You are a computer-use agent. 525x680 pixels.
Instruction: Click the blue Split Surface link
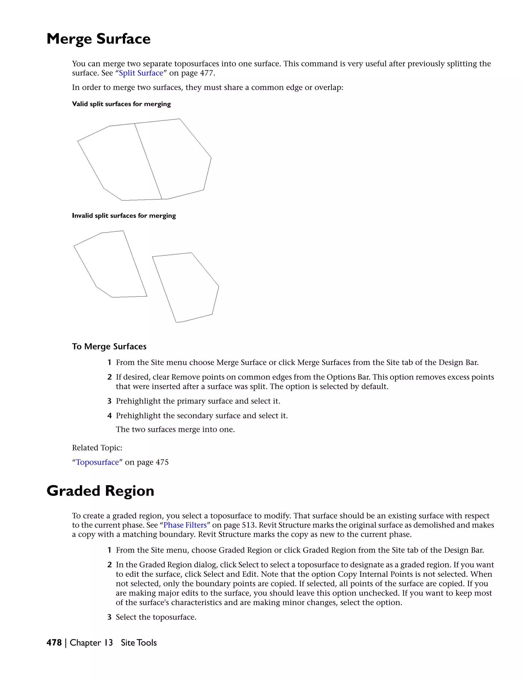click(x=141, y=73)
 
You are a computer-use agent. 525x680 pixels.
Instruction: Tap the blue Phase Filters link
click(x=185, y=525)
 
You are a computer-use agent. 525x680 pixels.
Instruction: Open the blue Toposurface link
click(x=97, y=462)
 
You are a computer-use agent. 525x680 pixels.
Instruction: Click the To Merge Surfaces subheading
click(x=109, y=346)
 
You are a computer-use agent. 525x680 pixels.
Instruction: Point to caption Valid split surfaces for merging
click(x=121, y=104)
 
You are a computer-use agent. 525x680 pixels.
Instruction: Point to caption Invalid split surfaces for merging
click(x=124, y=216)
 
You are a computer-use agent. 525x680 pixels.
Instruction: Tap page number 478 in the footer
click(x=54, y=643)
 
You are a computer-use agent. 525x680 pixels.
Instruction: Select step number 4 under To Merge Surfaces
click(x=109, y=416)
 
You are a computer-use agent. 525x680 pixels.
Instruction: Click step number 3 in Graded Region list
click(x=109, y=617)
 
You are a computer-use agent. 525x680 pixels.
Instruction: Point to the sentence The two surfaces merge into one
click(x=175, y=430)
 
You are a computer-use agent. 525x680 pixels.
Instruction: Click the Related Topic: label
click(x=97, y=448)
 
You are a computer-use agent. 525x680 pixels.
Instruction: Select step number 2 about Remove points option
click(x=109, y=377)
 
